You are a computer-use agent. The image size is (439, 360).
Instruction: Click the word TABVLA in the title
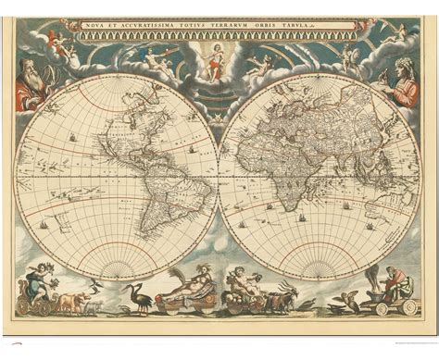coord(334,24)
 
